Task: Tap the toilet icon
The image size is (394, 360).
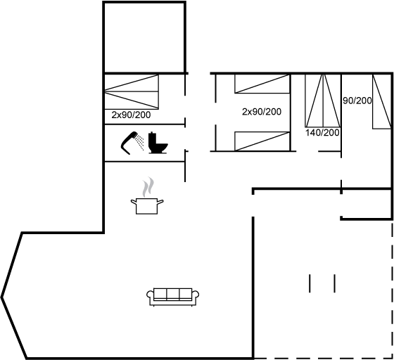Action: (158, 143)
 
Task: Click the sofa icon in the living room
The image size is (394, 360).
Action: (173, 297)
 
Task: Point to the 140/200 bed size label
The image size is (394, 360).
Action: (322, 133)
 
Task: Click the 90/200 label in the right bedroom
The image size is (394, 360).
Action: (357, 101)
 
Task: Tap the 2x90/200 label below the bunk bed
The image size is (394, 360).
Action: (131, 115)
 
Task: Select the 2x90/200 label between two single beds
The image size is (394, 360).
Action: (262, 112)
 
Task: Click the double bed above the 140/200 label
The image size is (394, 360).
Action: (323, 101)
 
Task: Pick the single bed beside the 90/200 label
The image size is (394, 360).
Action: (381, 101)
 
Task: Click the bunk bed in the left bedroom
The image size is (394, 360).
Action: (132, 91)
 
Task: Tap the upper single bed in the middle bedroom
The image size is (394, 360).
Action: (262, 84)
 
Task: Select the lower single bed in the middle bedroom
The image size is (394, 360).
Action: (262, 141)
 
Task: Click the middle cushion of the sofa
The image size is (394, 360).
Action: (173, 294)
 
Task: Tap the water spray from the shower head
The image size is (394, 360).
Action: (140, 142)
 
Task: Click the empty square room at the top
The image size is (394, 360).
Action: (144, 37)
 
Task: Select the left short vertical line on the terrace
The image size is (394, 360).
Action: (310, 283)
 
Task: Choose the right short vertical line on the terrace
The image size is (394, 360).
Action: (334, 283)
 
